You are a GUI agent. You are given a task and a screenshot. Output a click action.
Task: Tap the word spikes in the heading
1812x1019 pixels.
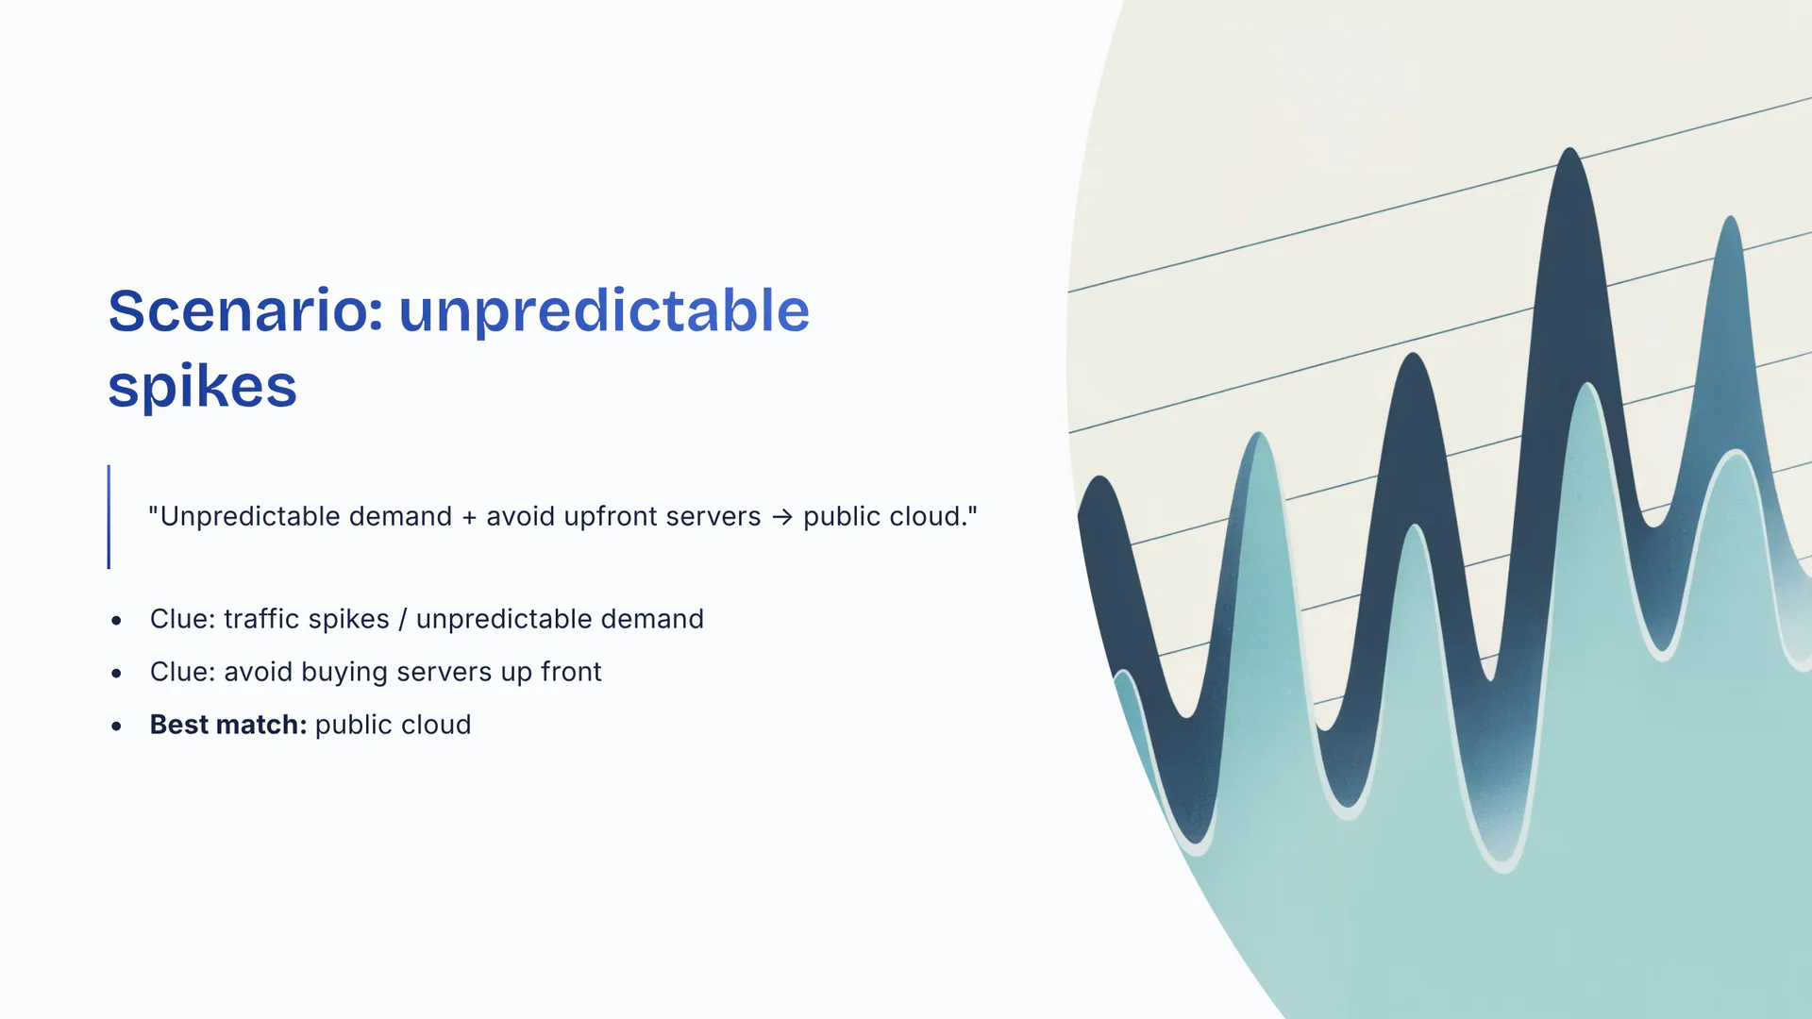pos(202,387)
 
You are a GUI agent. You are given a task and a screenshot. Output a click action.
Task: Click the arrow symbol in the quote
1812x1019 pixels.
pos(781,517)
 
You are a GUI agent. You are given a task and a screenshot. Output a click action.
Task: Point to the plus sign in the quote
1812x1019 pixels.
pos(469,517)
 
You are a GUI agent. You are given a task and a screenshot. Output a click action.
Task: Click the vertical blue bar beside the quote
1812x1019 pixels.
pos(109,517)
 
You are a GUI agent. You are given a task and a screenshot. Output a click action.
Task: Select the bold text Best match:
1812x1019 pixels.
pos(228,725)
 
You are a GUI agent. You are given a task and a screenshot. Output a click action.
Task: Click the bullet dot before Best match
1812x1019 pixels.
pos(116,726)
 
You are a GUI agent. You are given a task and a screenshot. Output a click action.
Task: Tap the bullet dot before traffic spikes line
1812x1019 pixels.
pos(116,620)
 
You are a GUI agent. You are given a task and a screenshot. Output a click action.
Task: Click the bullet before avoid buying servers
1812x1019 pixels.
pos(116,673)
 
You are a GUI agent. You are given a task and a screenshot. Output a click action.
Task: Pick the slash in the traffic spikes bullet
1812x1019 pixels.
pos(403,619)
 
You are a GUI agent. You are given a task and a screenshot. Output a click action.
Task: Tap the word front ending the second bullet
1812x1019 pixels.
pos(571,672)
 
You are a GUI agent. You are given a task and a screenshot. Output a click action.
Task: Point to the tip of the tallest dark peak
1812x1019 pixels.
pos(1569,148)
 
